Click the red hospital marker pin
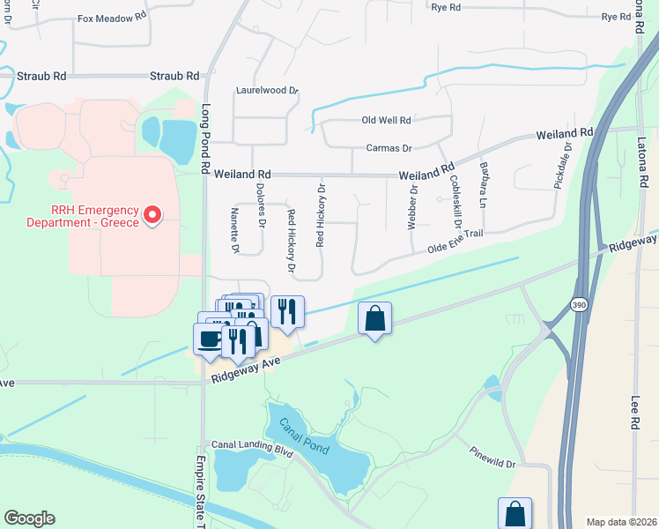click(153, 214)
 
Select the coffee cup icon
click(210, 338)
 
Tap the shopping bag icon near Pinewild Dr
click(515, 513)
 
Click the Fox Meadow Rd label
click(112, 18)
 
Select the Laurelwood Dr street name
click(268, 90)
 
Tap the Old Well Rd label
click(387, 120)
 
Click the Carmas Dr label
click(389, 148)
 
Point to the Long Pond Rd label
click(207, 136)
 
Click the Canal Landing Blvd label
click(251, 447)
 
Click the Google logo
click(29, 518)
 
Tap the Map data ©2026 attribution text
click(620, 522)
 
